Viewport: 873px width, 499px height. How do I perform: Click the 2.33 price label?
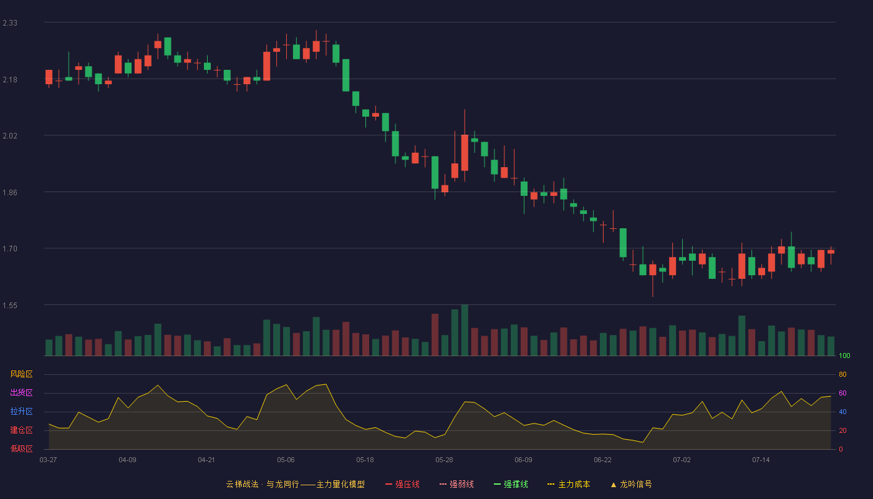point(10,23)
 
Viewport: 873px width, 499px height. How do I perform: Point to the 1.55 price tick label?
point(10,306)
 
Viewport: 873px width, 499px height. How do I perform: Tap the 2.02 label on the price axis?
point(10,136)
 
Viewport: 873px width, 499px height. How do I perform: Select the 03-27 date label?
point(49,460)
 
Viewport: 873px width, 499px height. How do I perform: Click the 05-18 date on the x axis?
point(365,460)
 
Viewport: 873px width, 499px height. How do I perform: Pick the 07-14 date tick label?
point(761,460)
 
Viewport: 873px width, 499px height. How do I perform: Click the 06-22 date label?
point(602,460)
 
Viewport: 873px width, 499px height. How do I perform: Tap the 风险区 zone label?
point(21,374)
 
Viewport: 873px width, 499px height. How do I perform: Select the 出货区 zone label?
point(21,392)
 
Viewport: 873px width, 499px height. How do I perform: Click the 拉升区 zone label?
point(21,411)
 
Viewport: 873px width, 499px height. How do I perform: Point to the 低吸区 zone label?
point(21,448)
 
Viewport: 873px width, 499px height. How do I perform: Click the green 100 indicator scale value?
point(844,356)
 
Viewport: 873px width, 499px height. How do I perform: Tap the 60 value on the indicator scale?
point(842,393)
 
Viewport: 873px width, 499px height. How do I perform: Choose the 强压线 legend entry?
point(402,484)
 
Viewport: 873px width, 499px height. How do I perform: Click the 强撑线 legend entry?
point(511,484)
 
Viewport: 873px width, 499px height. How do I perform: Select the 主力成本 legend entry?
point(569,484)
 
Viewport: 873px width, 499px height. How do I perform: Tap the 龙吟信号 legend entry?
point(631,484)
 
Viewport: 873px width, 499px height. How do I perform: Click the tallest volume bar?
point(465,330)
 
